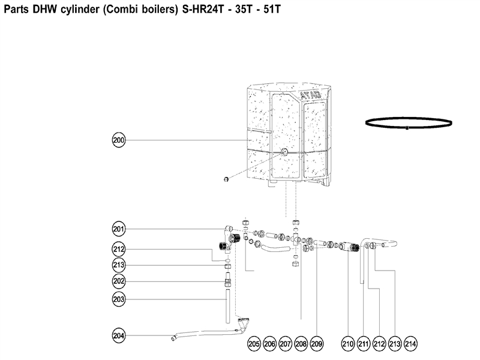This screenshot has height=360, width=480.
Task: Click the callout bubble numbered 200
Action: coord(119,140)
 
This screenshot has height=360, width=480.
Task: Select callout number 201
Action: coord(119,229)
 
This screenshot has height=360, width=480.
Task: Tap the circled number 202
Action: coord(119,281)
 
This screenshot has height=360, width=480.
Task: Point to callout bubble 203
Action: coord(119,299)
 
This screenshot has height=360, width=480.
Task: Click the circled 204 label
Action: coord(119,335)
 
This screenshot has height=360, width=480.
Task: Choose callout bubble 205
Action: coord(254,344)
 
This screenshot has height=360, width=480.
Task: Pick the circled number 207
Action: coord(286,344)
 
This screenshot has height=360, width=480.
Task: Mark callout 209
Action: coord(317,344)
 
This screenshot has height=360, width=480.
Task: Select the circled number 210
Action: coord(348,344)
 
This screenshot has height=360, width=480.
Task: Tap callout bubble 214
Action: coord(410,344)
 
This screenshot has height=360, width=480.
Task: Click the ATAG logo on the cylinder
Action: coord(310,95)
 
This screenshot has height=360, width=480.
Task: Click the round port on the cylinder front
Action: coord(284,152)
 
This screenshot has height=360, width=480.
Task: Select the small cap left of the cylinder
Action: coord(226,179)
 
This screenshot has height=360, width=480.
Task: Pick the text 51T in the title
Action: coord(272,9)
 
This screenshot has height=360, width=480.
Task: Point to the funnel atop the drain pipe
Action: coord(243,322)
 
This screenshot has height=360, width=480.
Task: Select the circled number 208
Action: coord(301,344)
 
